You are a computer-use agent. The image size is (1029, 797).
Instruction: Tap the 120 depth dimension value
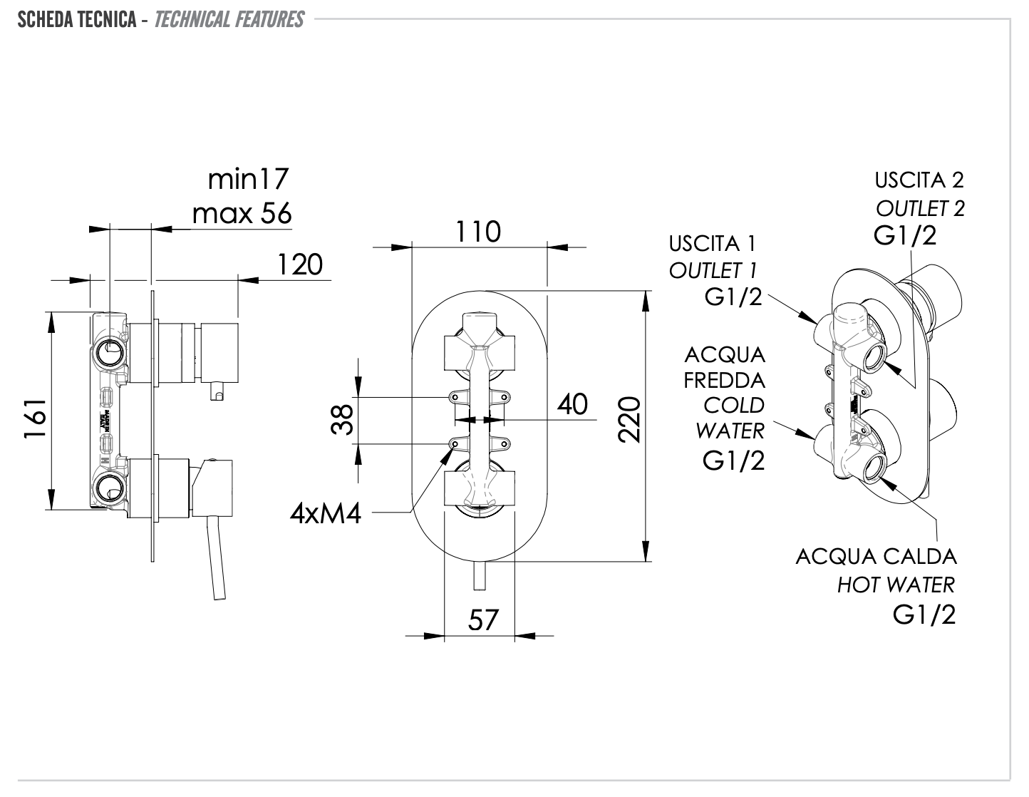pos(299,264)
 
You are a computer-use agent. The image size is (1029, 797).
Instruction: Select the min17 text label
pos(249,179)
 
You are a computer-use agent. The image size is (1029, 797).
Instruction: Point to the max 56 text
pos(242,212)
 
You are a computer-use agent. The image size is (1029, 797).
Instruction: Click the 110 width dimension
pos(478,232)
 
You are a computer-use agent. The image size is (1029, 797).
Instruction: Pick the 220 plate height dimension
pos(631,421)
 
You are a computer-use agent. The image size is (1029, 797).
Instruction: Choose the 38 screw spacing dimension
pos(343,420)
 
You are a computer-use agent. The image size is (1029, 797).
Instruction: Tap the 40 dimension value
pos(572,404)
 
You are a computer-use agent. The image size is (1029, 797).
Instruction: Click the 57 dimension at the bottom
pos(483,619)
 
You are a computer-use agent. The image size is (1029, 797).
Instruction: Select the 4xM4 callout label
pos(326,513)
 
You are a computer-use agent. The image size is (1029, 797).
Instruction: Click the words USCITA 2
pos(919,180)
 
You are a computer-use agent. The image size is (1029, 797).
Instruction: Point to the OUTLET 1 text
pos(713,270)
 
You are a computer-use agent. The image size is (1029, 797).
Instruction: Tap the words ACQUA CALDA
pos(876,556)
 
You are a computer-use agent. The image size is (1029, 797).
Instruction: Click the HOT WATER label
pos(896,585)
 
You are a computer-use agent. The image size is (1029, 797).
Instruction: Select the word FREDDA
pos(724,380)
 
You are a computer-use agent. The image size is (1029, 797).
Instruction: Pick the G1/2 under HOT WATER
pos(924,615)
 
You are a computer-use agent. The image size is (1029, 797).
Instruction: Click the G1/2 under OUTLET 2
pos(905,235)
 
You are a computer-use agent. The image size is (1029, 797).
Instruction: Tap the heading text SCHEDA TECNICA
pos(77,19)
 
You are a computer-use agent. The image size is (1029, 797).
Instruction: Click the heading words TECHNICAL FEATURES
pos(229,19)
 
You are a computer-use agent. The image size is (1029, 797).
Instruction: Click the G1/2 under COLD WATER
pos(733,461)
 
